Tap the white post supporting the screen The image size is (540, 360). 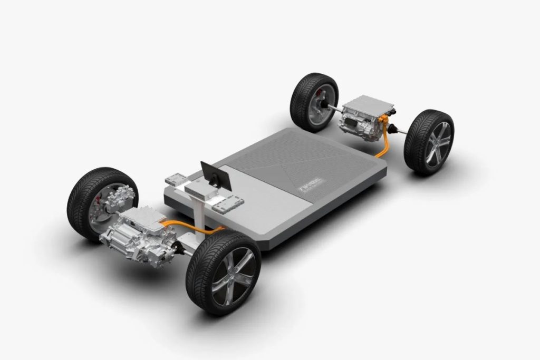pyautogui.click(x=199, y=217)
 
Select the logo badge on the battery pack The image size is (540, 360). pyautogui.click(x=312, y=184)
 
